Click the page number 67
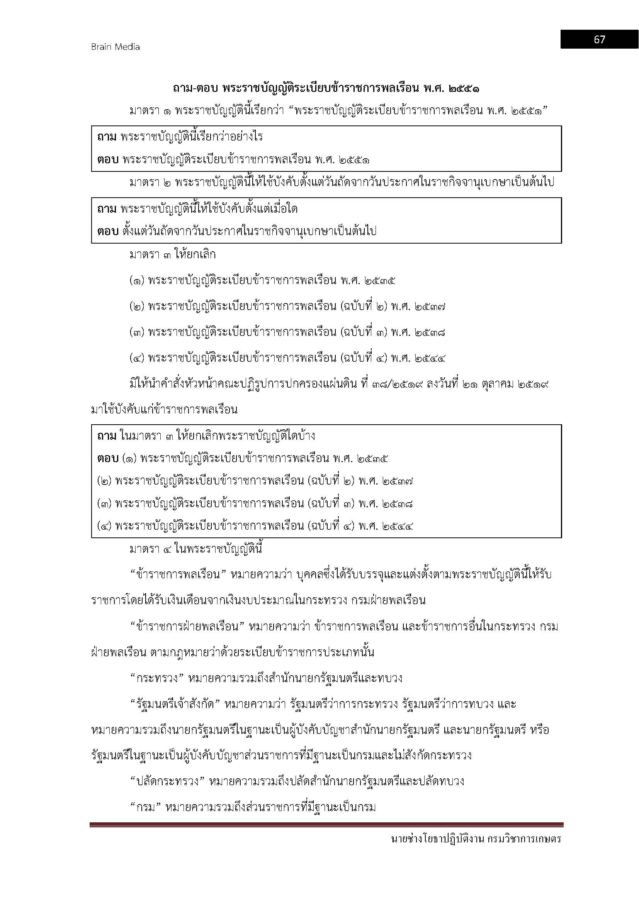tap(599, 39)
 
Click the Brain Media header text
tap(115, 47)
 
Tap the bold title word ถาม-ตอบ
tap(194, 88)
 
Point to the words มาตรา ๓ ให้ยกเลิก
tap(172, 255)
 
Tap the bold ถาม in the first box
tap(107, 137)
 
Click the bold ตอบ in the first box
tap(107, 160)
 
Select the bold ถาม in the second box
tap(107, 208)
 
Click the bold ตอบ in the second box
tap(107, 231)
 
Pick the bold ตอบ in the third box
tap(107, 459)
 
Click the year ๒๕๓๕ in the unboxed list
tap(380, 281)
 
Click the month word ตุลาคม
tap(496, 384)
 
